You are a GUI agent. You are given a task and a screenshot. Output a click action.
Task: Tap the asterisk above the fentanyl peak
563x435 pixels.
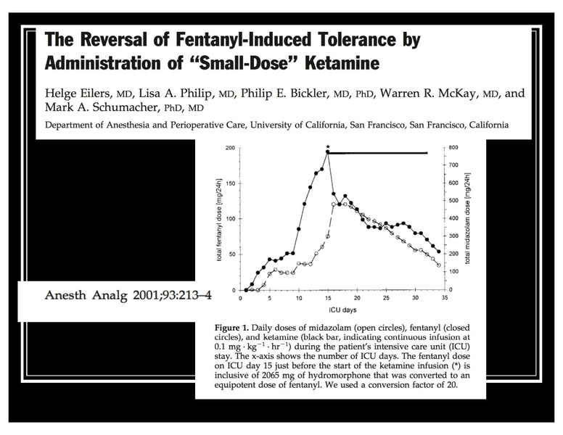coord(328,146)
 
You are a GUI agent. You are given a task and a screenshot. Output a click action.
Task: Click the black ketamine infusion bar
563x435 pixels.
coord(377,153)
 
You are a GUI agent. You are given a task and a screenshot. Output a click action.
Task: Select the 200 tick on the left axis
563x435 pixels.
coord(231,148)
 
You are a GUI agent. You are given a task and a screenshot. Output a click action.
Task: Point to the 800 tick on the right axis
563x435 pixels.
coord(452,148)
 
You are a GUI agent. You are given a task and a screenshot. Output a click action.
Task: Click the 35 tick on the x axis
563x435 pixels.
coord(443,297)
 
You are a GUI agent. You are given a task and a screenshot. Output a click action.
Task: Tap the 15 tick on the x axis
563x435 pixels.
coord(328,297)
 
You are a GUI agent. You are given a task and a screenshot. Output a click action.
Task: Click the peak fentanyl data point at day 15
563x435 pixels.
coord(328,153)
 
